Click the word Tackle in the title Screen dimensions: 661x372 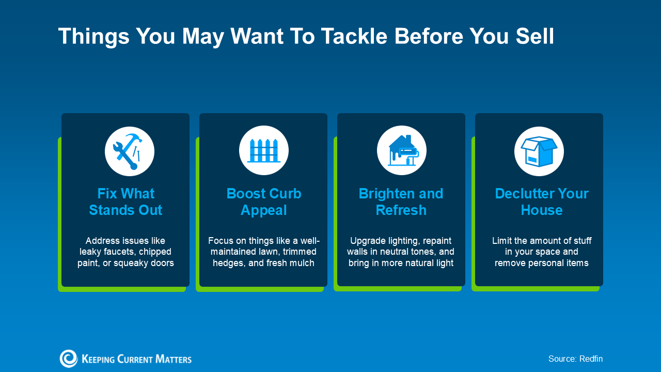tap(354, 36)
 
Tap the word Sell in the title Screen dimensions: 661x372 tap(535, 36)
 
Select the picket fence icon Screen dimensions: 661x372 tap(263, 150)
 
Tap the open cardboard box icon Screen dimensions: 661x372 tap(539, 151)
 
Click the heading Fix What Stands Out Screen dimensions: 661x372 tap(125, 202)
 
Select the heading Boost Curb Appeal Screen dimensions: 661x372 tap(264, 202)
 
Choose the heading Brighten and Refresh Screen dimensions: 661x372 tap(401, 202)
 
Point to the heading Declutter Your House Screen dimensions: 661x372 tap(542, 202)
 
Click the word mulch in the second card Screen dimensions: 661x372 tap(301, 263)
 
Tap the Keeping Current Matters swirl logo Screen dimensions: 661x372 tap(69, 359)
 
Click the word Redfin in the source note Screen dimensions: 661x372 tap(591, 359)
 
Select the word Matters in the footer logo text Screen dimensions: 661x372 tap(174, 359)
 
